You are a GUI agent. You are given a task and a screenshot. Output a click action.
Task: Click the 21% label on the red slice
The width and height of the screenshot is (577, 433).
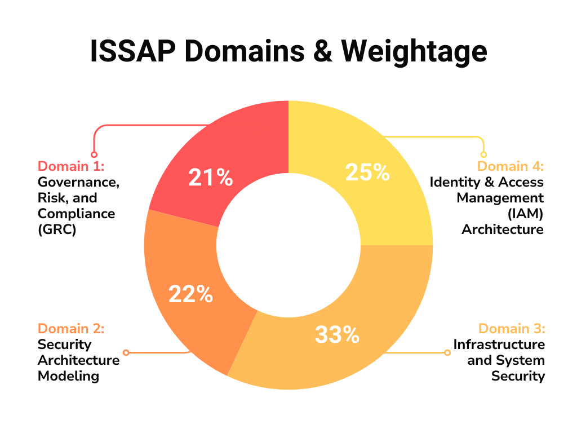pos(210,178)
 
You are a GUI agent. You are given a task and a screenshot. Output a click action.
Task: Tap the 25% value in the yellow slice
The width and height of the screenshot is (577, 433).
pos(367,173)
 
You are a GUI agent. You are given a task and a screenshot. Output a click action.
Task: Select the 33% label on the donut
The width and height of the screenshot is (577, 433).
pos(337,334)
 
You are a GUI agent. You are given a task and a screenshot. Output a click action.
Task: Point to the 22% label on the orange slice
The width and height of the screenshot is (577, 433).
pos(190,294)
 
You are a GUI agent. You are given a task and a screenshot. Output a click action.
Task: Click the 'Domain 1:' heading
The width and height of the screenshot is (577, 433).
pos(71,166)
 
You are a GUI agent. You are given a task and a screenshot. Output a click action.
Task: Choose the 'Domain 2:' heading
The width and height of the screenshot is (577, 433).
pos(71,329)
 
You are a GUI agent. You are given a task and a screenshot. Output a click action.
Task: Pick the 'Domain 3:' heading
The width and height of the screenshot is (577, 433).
pos(512,329)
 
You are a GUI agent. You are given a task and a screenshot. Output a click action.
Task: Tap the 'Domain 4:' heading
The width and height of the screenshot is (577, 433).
pos(511,166)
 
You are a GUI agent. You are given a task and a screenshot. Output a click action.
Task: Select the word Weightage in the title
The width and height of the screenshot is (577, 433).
pos(414,52)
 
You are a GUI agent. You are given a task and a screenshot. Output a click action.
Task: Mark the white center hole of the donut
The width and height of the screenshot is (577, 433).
pos(288,245)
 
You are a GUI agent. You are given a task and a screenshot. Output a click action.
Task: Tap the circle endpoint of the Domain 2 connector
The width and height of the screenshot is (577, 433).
pos(126,352)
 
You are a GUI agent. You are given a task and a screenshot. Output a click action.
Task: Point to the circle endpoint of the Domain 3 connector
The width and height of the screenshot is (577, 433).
pos(447,352)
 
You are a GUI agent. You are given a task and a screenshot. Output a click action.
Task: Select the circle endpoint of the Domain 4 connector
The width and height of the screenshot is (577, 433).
pos(483,154)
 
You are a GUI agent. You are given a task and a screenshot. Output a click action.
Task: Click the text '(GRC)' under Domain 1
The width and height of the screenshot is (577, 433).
pos(57,229)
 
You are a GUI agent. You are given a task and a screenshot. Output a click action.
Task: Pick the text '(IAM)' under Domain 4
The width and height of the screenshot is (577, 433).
pos(526,214)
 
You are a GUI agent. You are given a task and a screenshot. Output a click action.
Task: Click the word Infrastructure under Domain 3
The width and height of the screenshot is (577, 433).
pos(499,344)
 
